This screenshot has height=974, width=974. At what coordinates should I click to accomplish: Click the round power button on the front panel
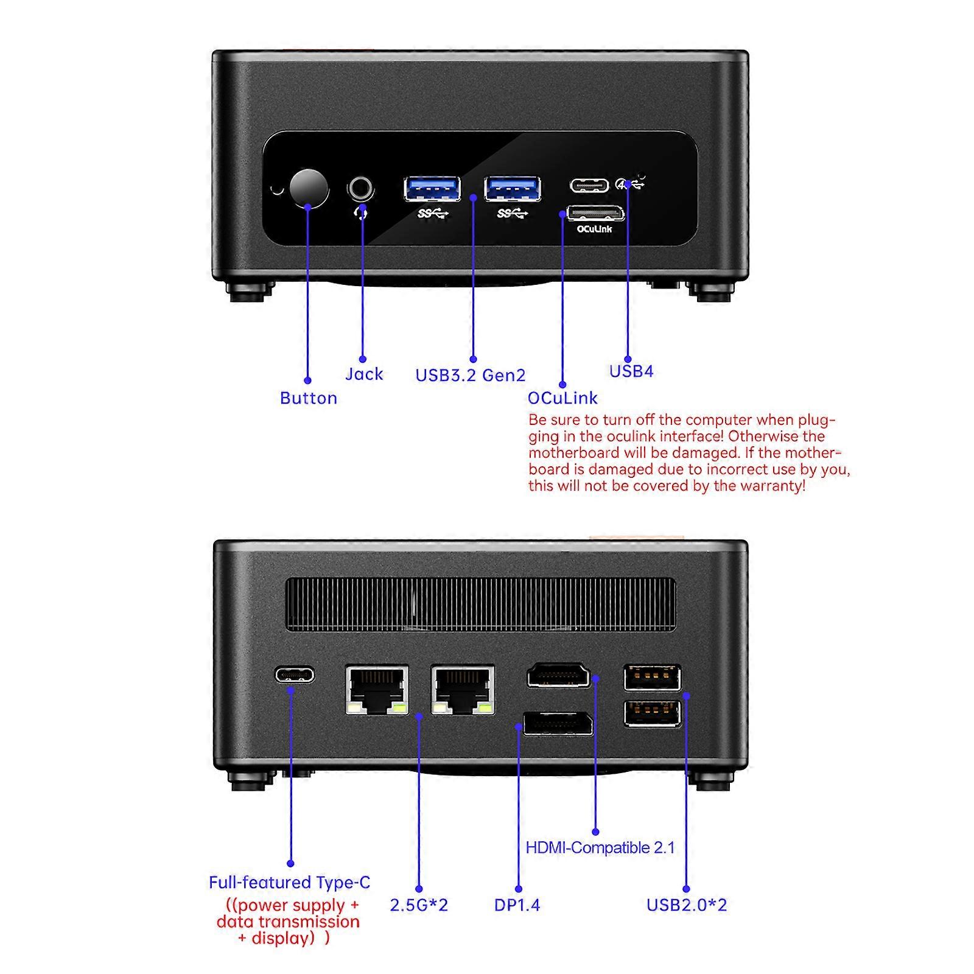point(309,188)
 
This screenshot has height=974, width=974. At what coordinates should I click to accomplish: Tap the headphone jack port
point(360,188)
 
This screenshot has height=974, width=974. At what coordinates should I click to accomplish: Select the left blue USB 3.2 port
point(432,188)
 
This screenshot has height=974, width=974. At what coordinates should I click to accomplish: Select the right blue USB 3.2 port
point(512,188)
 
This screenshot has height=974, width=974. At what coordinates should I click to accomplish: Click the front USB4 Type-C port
point(589,184)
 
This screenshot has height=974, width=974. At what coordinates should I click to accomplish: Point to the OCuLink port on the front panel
point(595,214)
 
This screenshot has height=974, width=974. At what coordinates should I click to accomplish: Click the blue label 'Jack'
point(364,374)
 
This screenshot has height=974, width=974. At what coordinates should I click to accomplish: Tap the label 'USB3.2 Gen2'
point(470,375)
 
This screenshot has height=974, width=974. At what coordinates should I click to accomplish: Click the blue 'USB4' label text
point(631,371)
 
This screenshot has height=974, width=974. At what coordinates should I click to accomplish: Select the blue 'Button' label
point(308,398)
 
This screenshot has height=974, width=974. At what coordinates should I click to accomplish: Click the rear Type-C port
point(295,674)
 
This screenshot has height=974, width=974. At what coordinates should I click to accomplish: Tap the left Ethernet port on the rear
point(377,690)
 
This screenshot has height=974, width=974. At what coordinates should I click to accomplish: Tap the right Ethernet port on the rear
point(463,690)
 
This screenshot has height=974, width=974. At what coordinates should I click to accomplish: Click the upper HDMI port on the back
point(558,675)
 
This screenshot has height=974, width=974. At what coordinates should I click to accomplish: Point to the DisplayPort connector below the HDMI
point(558,723)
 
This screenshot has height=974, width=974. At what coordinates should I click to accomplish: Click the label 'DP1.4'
point(517,905)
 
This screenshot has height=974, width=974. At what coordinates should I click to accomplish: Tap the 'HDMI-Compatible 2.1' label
point(600,847)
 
